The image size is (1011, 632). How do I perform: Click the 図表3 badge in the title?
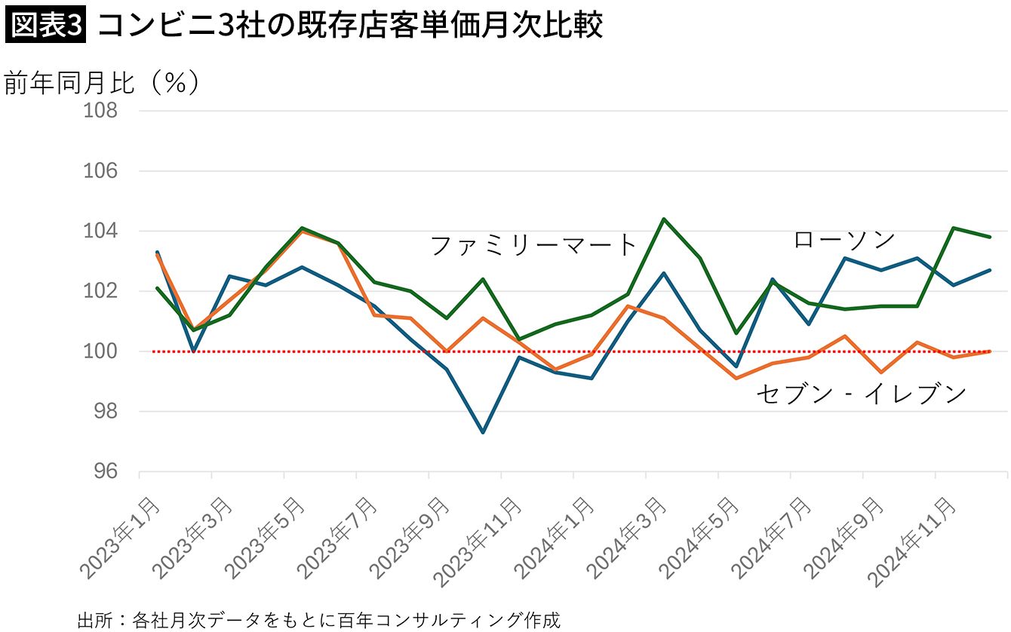click(47, 25)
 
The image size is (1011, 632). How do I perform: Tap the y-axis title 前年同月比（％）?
click(102, 82)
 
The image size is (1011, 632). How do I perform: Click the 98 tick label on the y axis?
click(103, 412)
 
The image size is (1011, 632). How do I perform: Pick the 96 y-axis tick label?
click(103, 472)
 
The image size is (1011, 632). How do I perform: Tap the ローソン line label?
click(844, 240)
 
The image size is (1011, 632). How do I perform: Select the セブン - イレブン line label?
click(861, 394)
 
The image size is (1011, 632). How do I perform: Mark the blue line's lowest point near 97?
click(483, 432)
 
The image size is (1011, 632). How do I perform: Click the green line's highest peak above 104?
click(663, 219)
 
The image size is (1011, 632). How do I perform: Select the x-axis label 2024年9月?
click(845, 536)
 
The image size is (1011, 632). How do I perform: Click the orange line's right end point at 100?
click(990, 351)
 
